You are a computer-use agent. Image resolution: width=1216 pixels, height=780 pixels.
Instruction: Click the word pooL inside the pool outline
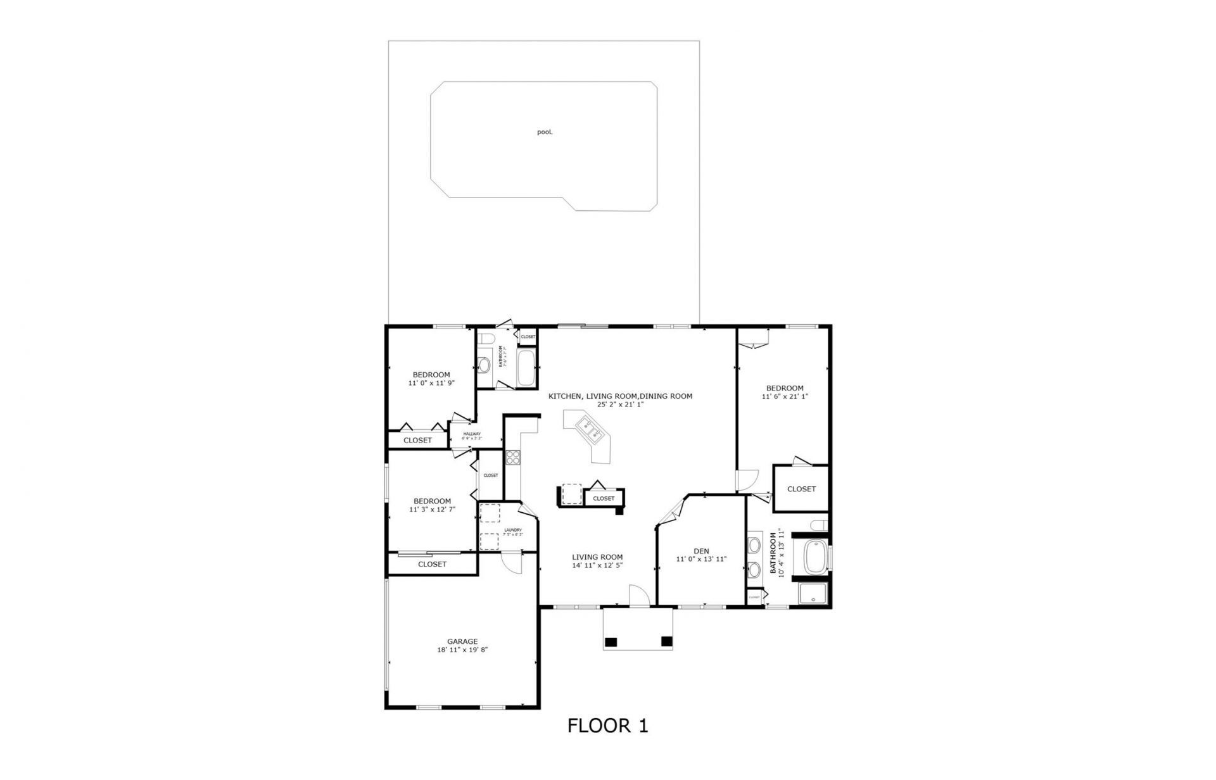(545, 132)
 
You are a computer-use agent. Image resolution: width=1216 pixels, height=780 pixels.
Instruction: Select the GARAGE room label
(462, 641)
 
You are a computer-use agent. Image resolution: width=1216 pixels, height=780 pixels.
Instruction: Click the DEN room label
(701, 551)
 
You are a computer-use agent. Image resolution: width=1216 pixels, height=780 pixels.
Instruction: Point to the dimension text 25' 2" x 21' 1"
(620, 404)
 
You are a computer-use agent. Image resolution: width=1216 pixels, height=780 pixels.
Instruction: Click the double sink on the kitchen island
(590, 431)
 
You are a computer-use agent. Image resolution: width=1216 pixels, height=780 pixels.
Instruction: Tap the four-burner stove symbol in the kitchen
(512, 457)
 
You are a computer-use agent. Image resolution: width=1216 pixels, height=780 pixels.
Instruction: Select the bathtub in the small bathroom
(526, 368)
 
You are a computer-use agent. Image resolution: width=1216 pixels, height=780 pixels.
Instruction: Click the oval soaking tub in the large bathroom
(814, 557)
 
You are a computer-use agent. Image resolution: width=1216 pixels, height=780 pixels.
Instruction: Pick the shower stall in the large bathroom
(813, 594)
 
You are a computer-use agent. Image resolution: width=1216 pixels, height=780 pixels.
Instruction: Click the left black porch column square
(611, 642)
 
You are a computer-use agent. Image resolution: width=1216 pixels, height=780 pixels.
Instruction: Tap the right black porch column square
(666, 642)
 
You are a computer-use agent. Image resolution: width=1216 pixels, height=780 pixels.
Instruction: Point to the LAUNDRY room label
(512, 530)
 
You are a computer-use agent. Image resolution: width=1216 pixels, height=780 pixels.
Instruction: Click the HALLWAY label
(472, 434)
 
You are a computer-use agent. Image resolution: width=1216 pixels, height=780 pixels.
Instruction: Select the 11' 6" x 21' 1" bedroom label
(785, 392)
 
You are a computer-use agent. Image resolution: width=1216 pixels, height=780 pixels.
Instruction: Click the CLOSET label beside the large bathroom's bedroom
(801, 489)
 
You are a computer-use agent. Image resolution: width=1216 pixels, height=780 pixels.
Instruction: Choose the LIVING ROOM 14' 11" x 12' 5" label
(597, 561)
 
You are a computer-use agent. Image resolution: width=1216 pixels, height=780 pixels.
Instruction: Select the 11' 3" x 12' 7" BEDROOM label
(432, 505)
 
